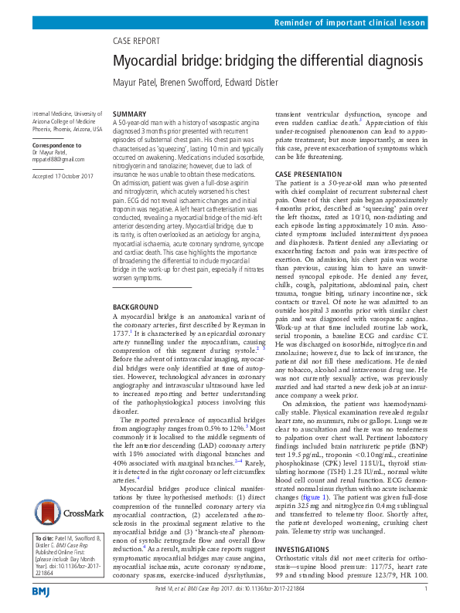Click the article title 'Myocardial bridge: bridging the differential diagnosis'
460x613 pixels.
coord(268,60)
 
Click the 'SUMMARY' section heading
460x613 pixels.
coord(130,113)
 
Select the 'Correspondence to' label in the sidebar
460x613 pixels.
coord(58,145)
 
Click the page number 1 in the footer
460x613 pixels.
coord(426,591)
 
